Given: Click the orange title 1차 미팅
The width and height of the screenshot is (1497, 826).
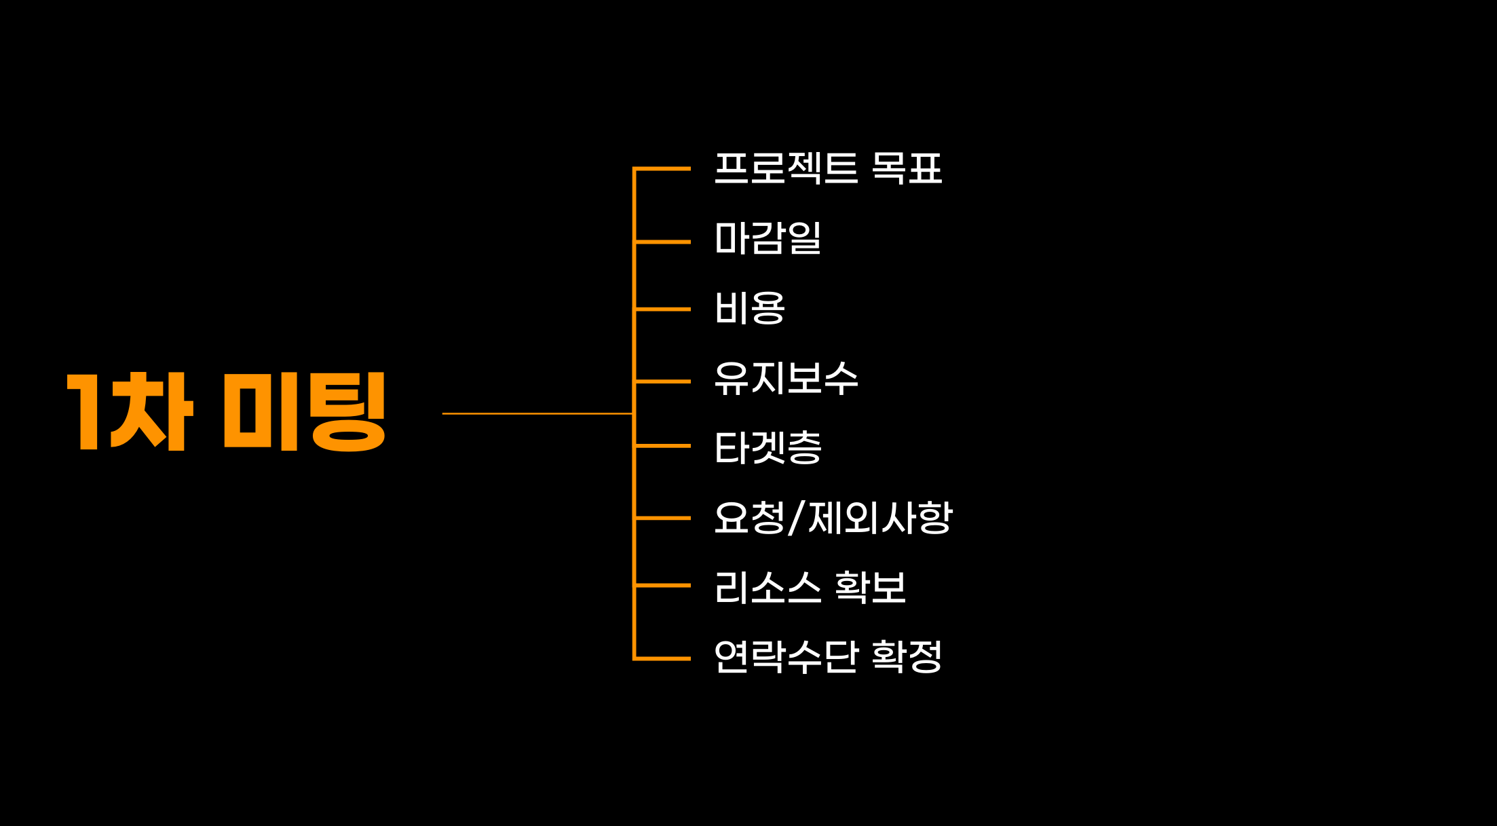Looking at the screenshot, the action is pyautogui.click(x=227, y=411).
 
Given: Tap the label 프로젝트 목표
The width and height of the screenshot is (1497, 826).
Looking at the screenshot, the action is pyautogui.click(x=828, y=168).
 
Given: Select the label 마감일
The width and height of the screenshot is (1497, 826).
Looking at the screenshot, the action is pyautogui.click(x=768, y=238).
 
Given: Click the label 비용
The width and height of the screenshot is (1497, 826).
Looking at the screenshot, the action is pyautogui.click(x=750, y=308).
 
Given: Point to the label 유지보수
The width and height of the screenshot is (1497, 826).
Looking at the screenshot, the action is pyautogui.click(x=786, y=378).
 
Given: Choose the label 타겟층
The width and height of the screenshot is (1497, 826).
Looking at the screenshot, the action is pyautogui.click(x=768, y=447).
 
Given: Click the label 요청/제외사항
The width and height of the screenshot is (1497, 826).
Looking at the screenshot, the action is pyautogui.click(x=833, y=518).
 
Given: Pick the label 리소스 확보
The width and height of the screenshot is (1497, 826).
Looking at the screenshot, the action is pyautogui.click(x=810, y=587).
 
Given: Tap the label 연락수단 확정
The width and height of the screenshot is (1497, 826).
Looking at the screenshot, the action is pyautogui.click(x=828, y=656).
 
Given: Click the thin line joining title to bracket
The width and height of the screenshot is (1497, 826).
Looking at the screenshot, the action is pyautogui.click(x=537, y=413).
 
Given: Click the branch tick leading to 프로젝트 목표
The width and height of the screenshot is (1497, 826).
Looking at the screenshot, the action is pyautogui.click(x=662, y=168).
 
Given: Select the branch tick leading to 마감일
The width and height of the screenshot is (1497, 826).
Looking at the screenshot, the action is pyautogui.click(x=662, y=242).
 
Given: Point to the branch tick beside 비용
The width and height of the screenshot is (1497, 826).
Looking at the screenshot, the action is pyautogui.click(x=662, y=309).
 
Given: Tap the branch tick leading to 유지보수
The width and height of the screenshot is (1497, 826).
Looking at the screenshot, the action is pyautogui.click(x=662, y=381).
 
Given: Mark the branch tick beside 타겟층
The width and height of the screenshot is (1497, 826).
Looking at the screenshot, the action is pyautogui.click(x=662, y=446).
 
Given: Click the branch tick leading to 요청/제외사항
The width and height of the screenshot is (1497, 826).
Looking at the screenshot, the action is pyautogui.click(x=662, y=518).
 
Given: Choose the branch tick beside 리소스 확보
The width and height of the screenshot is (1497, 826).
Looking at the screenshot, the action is pyautogui.click(x=662, y=585).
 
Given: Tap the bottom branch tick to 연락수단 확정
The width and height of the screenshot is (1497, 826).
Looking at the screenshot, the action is pyautogui.click(x=662, y=658).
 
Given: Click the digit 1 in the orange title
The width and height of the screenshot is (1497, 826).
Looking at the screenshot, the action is pyautogui.click(x=86, y=411).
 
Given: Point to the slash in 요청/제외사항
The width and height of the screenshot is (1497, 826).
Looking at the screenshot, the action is pyautogui.click(x=796, y=519).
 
